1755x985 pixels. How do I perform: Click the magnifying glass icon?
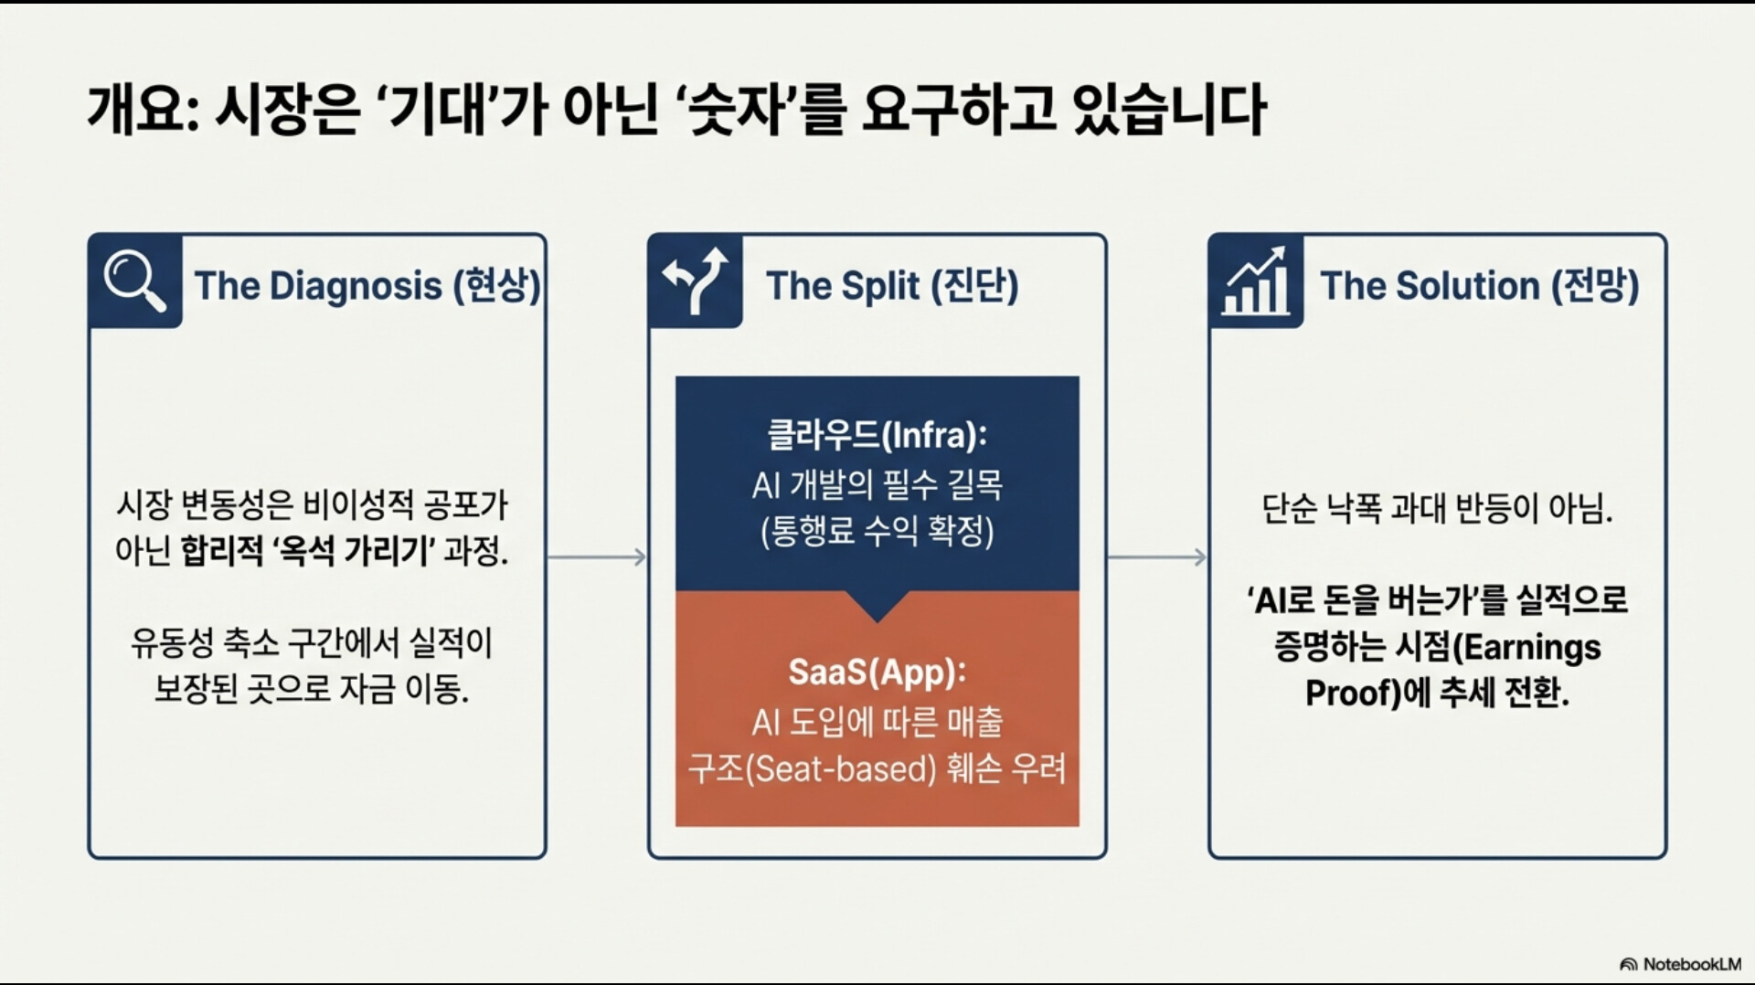pos(134,281)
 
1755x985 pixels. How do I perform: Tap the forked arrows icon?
pos(695,281)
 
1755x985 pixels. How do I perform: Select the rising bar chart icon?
pos(1255,281)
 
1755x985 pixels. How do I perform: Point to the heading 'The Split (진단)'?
pos(892,286)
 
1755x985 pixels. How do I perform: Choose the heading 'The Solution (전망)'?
pos(1479,286)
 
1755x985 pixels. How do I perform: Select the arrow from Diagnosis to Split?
pos(597,556)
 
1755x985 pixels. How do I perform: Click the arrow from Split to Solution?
pos(1157,556)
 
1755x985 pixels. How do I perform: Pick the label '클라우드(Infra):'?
pos(877,435)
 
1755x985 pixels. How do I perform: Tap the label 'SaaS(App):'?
pos(877,673)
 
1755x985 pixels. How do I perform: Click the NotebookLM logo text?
pos(1691,964)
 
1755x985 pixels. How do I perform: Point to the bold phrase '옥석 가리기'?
pos(356,551)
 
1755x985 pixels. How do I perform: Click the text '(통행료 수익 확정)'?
pos(877,531)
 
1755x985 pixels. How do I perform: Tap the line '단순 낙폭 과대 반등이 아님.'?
pos(1437,508)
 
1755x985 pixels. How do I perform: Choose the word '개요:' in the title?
pos(143,109)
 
